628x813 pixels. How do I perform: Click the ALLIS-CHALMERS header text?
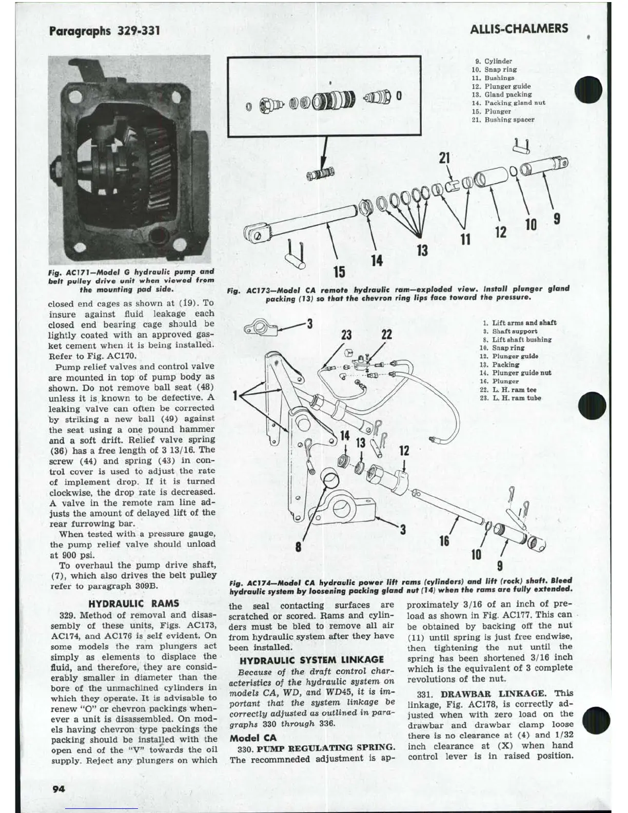pyautogui.click(x=519, y=29)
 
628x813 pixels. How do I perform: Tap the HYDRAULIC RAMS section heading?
pyautogui.click(x=134, y=604)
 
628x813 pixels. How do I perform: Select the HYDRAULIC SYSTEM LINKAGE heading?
pyautogui.click(x=311, y=660)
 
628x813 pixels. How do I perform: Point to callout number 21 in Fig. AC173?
pyautogui.click(x=444, y=158)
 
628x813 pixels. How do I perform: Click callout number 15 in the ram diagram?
pyautogui.click(x=340, y=271)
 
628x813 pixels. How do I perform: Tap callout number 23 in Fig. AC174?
pyautogui.click(x=347, y=335)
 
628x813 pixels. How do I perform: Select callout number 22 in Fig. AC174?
pyautogui.click(x=386, y=335)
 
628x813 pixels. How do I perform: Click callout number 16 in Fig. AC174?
pyautogui.click(x=444, y=540)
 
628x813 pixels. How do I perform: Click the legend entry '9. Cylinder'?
pyautogui.click(x=494, y=61)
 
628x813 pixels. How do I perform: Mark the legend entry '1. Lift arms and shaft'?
pyautogui.click(x=519, y=323)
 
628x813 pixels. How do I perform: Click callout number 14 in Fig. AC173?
pyautogui.click(x=377, y=261)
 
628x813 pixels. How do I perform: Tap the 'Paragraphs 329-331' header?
pyautogui.click(x=105, y=30)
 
